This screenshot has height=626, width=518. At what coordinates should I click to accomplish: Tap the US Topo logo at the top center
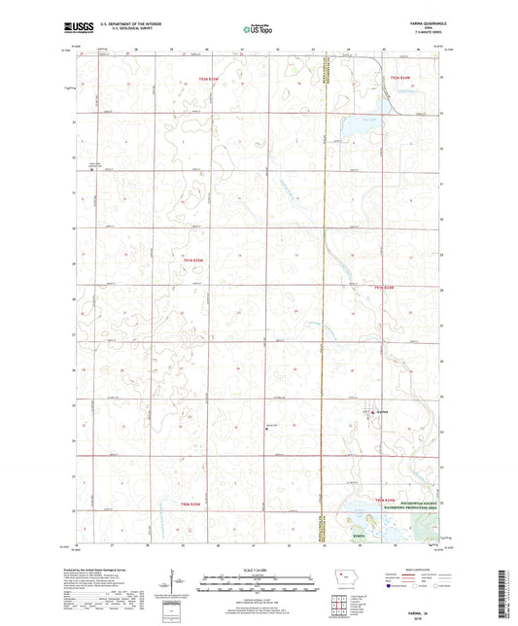pos(257,30)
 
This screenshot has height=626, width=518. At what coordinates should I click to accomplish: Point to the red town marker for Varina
pos(373,413)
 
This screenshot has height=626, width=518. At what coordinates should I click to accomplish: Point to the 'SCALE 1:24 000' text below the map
pos(258,570)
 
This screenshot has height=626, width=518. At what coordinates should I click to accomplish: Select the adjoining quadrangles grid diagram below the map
pos(340,602)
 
